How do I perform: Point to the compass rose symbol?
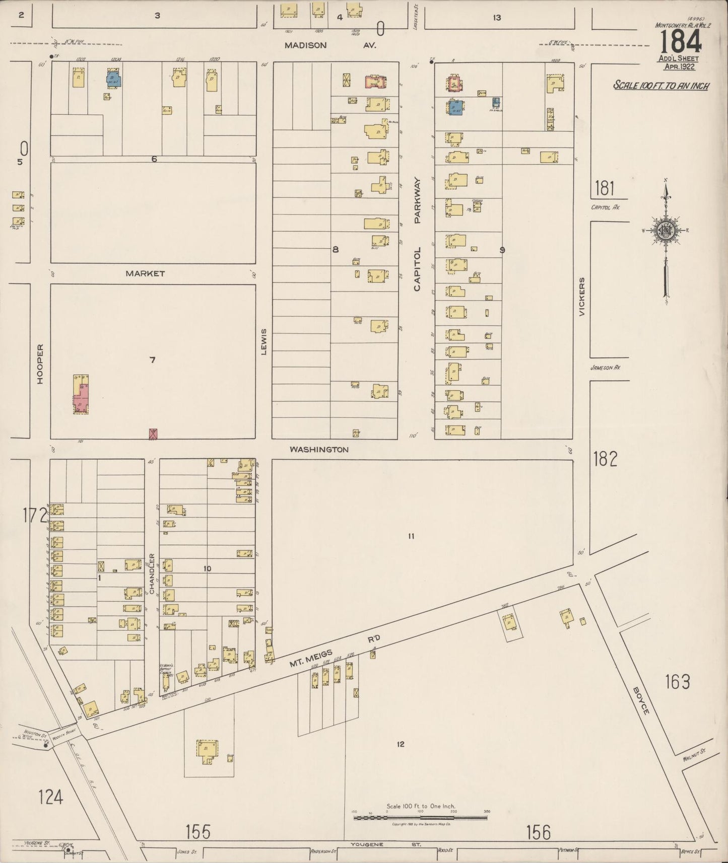[666, 231]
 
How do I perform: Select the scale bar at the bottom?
[421, 818]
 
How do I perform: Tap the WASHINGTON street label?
[319, 449]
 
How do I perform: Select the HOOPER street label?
[40, 364]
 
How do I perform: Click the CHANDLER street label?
[151, 573]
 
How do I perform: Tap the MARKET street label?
[145, 273]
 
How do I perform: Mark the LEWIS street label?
[263, 342]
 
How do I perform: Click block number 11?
[411, 536]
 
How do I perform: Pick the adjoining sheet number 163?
[677, 682]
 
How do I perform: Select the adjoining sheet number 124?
[51, 797]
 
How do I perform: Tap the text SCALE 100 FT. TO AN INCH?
[661, 86]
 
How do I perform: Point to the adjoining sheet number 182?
[605, 459]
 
